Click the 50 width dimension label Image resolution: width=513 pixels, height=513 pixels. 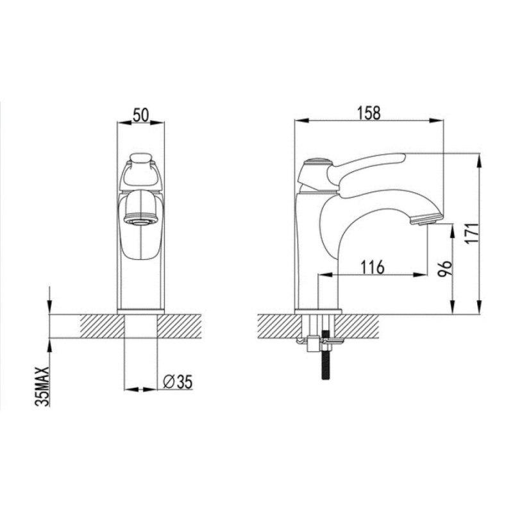[x=140, y=115]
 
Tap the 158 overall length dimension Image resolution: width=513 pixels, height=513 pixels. [x=369, y=113]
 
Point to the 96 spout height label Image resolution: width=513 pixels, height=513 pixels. [x=445, y=268]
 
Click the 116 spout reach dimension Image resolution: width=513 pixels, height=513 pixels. [x=373, y=267]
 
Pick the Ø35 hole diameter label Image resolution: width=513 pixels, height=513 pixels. [x=178, y=382]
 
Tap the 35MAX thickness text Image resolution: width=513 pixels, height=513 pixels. [x=42, y=387]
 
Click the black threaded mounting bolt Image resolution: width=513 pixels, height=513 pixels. [x=326, y=355]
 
